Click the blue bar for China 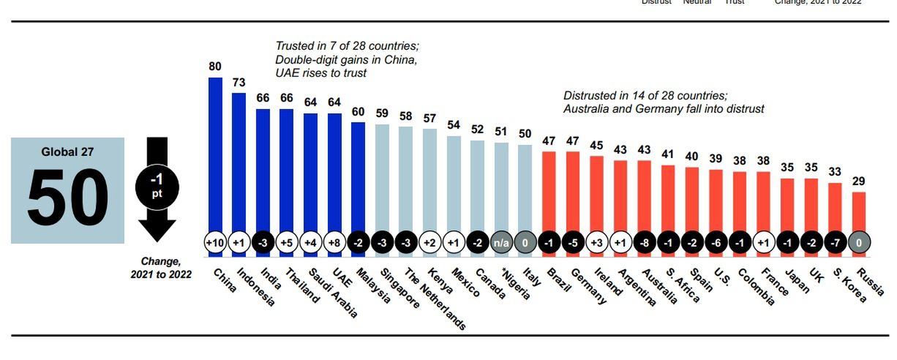pyautogui.click(x=215, y=154)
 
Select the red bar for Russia pyautogui.click(x=859, y=212)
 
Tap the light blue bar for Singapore pyautogui.click(x=382, y=176)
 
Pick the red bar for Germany pyautogui.click(x=573, y=190)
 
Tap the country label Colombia pyautogui.click(x=754, y=286)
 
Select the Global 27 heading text pyautogui.click(x=67, y=152)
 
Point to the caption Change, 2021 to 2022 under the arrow pyautogui.click(x=161, y=268)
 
